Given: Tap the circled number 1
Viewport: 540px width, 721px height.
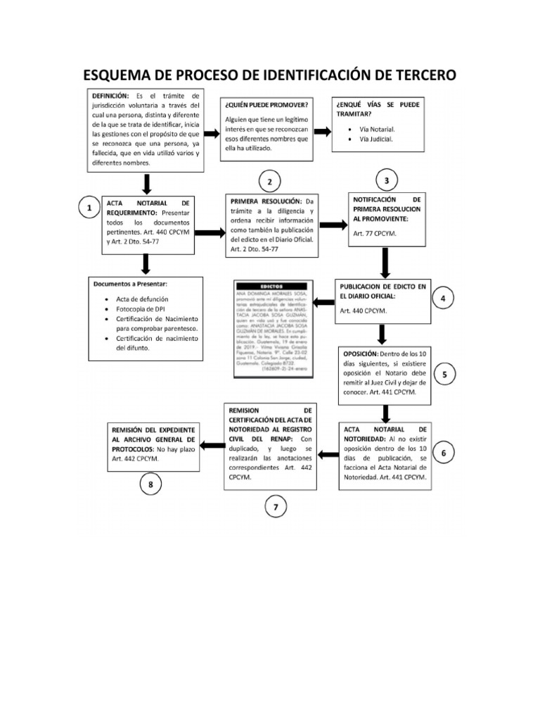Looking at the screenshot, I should coord(89,209).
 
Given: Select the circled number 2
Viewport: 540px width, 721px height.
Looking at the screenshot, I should coord(270,182).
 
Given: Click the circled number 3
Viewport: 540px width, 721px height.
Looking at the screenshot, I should coord(386,181).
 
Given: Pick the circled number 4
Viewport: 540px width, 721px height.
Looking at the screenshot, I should coord(443,299).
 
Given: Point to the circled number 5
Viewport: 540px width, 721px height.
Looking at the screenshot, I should coord(445,375).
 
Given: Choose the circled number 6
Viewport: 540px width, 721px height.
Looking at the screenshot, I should coord(443,453).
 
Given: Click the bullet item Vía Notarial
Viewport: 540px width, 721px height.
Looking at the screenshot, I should coord(377,130).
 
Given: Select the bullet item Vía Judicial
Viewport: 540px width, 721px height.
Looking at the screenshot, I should coord(376,139).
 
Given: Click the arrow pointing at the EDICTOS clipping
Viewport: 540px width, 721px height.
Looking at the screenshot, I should coord(323,303).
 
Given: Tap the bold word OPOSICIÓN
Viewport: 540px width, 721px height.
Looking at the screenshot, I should coord(360,353).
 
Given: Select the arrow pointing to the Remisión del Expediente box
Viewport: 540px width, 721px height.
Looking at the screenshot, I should coord(212,444).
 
